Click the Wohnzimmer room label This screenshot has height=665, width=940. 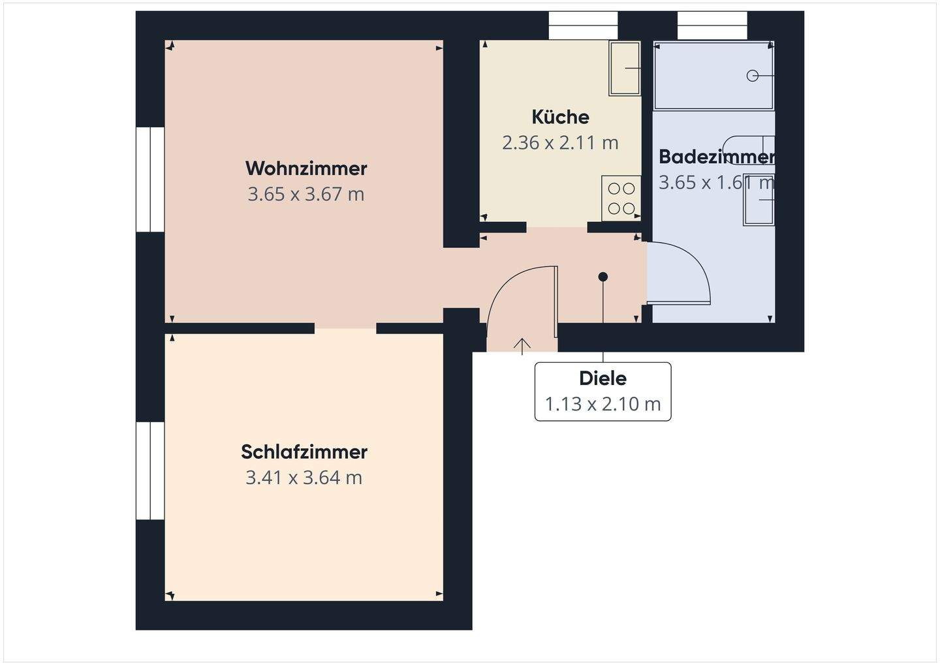point(306,168)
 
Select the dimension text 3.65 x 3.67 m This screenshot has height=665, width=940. point(305,194)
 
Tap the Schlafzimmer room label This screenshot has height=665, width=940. point(304,452)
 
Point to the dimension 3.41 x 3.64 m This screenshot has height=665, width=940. point(304,478)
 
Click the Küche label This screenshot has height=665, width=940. point(560,117)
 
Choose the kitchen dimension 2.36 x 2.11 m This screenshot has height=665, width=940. point(560,143)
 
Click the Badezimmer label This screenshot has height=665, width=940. point(716,157)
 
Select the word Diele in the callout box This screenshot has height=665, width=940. point(603,379)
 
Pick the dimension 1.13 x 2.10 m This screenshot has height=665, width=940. point(603,404)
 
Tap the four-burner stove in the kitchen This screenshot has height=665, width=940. point(621,198)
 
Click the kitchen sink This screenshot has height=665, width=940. point(625,68)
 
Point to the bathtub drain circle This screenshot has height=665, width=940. point(752,76)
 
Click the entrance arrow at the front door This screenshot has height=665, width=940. point(522,346)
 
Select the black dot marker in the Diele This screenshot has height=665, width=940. point(603,277)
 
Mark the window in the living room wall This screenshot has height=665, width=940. point(150,179)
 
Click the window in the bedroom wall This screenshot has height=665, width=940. point(150,471)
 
